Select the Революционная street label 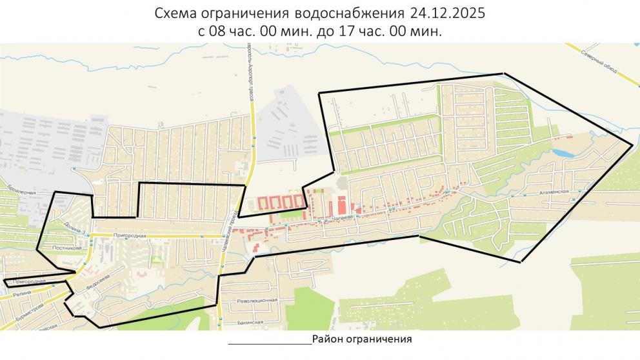pos(257,301)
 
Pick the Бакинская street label pos(248,322)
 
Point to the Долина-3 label pos(66,227)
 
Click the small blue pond pos(561,154)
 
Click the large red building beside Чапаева pos(339,207)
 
